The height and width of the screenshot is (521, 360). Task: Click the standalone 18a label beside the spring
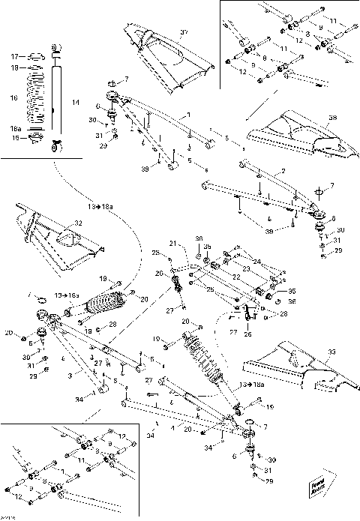tap(16, 129)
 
